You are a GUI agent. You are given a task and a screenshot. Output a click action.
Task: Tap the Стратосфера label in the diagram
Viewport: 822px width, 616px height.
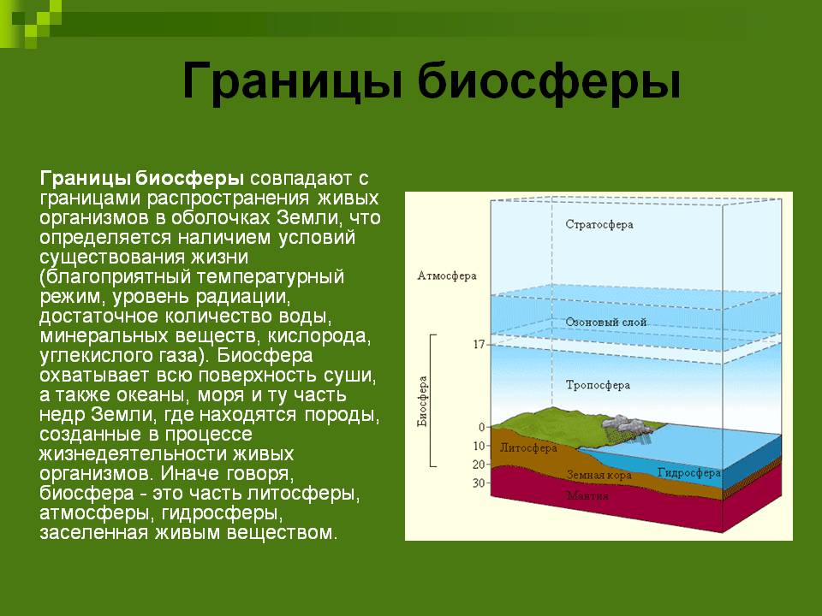pyautogui.click(x=599, y=225)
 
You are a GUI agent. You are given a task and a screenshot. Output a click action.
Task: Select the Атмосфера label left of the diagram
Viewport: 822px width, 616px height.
pyautogui.click(x=447, y=275)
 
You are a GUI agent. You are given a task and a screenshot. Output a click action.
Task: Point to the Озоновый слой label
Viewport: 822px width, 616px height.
pyautogui.click(x=605, y=323)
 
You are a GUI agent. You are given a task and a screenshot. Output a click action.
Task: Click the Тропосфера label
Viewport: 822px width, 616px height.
pyautogui.click(x=598, y=386)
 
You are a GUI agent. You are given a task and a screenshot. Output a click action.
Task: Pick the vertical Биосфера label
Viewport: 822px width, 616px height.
pyautogui.click(x=422, y=401)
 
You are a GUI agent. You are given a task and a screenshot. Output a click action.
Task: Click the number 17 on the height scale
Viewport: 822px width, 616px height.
pyautogui.click(x=479, y=345)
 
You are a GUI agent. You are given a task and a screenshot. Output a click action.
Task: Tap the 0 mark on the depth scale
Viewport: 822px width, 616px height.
pyautogui.click(x=482, y=427)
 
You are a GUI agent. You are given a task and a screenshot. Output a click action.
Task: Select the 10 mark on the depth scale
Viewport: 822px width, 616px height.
pyautogui.click(x=479, y=446)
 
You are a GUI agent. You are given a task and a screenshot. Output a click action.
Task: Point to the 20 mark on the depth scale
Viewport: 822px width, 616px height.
pyautogui.click(x=479, y=464)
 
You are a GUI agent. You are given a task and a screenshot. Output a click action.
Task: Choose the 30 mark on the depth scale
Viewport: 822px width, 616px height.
pyautogui.click(x=479, y=483)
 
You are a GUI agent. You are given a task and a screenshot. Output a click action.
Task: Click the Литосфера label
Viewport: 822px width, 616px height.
pyautogui.click(x=528, y=448)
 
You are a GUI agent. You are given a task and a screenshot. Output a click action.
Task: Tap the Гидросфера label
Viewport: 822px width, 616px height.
pyautogui.click(x=688, y=473)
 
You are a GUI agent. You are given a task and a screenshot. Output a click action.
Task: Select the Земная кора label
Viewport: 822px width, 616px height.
pyautogui.click(x=599, y=476)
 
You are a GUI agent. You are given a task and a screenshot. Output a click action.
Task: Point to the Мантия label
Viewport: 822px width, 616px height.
pyautogui.click(x=587, y=495)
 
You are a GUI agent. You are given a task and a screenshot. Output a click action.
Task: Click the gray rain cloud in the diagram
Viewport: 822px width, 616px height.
pyautogui.click(x=627, y=424)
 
